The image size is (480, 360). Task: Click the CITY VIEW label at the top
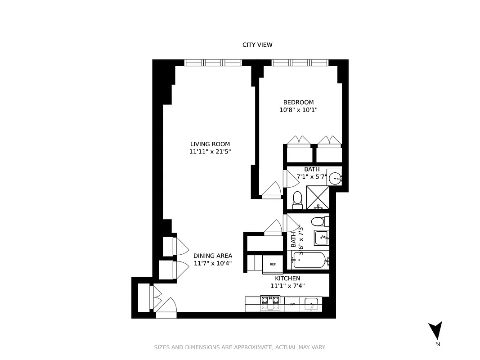[257, 45]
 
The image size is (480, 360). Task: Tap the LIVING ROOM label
[210, 144]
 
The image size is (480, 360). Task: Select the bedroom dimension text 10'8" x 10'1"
[298, 110]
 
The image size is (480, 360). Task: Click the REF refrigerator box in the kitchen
[273, 264]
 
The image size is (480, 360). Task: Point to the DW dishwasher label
[292, 304]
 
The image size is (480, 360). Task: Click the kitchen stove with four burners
[270, 303]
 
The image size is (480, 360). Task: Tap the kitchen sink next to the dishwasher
[311, 304]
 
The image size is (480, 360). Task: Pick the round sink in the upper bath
[335, 179]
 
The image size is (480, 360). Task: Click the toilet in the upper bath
[297, 198]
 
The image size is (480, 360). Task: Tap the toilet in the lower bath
[319, 221]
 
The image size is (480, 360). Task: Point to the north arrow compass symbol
[435, 331]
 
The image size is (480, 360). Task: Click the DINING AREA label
[213, 256]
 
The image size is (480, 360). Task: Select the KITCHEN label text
[287, 278]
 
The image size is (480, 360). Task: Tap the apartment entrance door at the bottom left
[166, 308]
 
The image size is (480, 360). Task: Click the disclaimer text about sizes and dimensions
[240, 347]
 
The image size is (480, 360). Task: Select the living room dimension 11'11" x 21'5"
[210, 152]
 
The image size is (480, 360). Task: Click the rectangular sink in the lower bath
[321, 237]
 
